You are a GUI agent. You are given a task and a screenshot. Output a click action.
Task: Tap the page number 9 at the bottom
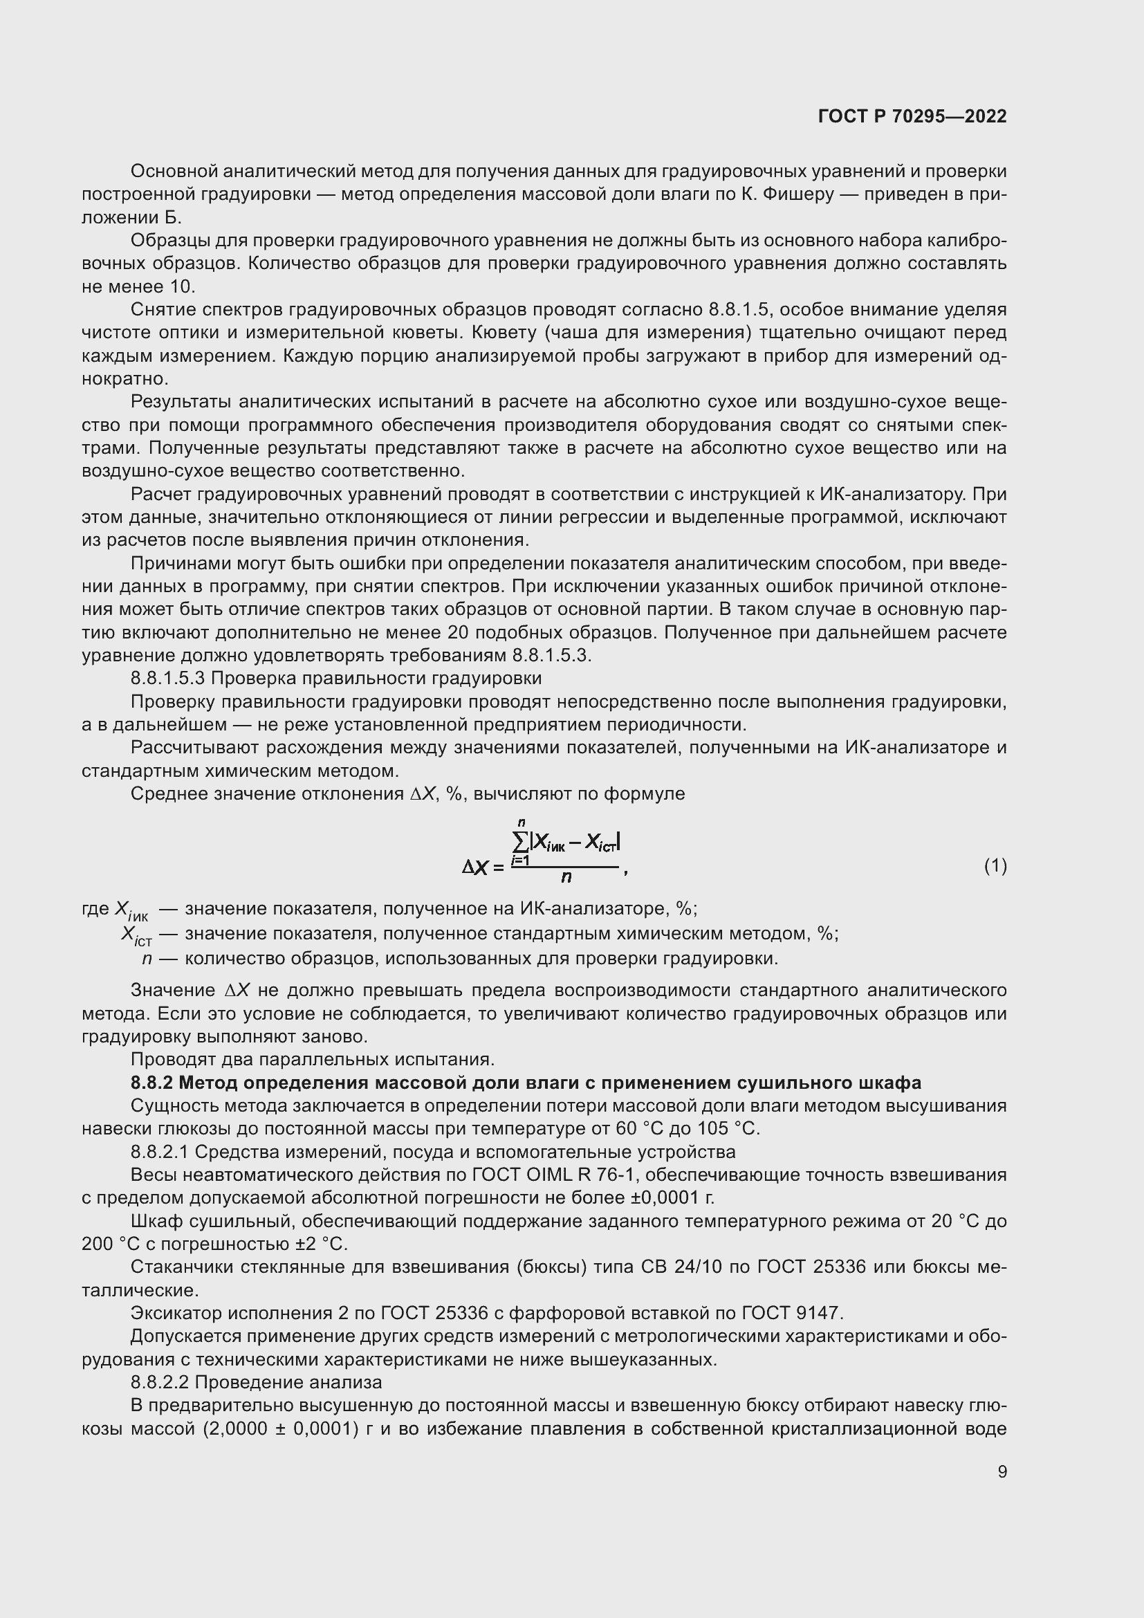pos(1002,1471)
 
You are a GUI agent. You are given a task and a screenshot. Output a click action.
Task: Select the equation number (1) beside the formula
pos(995,866)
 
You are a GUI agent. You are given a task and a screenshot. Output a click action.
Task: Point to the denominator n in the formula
pos(566,877)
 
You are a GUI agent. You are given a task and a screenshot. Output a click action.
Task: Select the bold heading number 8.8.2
pos(152,1083)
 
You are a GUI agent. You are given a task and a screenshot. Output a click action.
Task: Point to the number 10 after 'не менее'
pos(181,287)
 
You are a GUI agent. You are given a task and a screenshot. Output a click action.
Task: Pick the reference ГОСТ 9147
pos(792,1313)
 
